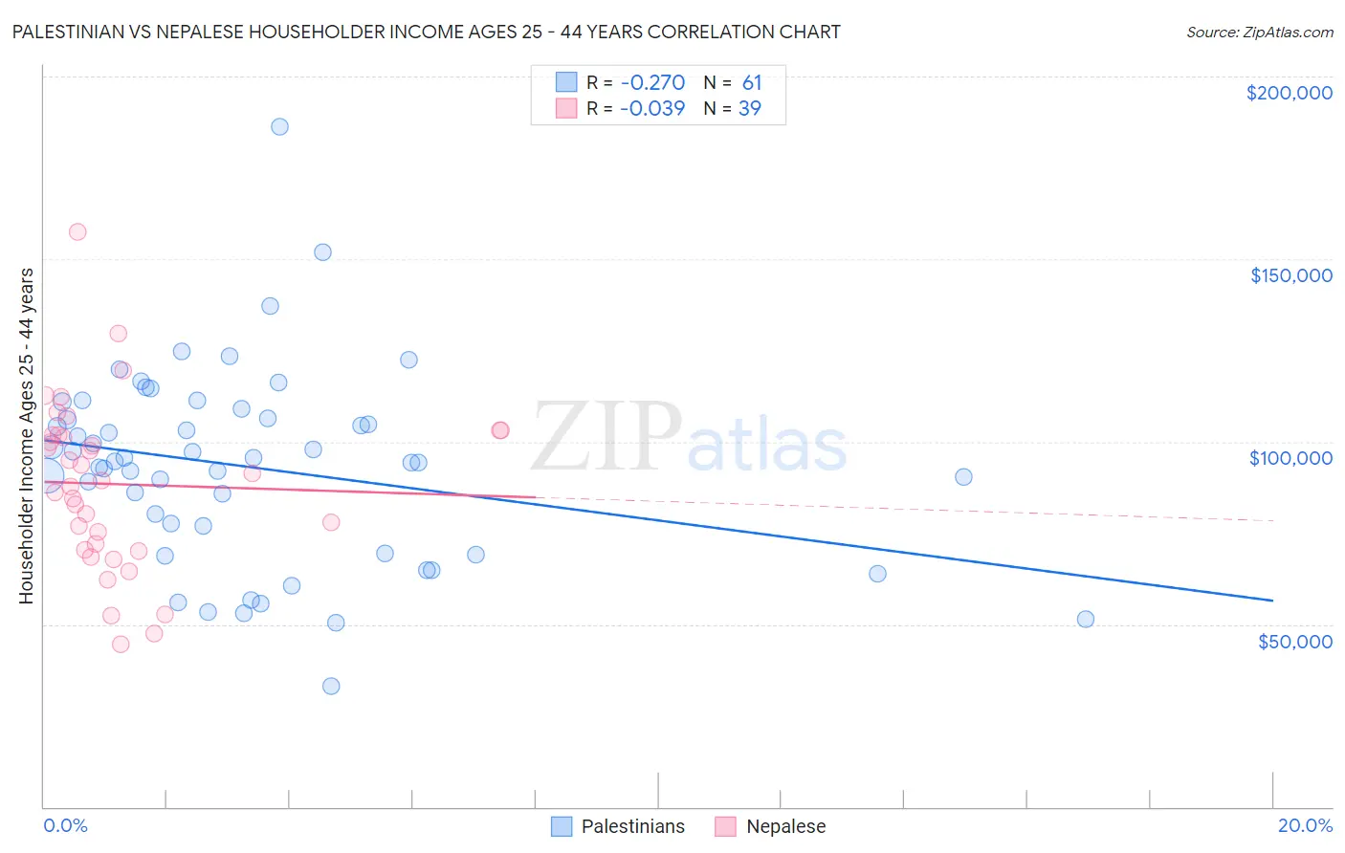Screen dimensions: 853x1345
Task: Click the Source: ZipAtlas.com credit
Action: pyautogui.click(x=1259, y=33)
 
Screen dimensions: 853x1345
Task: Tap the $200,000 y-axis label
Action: pyautogui.click(x=1289, y=93)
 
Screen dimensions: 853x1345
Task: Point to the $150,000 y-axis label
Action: pyautogui.click(x=1290, y=275)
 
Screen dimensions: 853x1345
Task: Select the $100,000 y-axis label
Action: pyautogui.click(x=1290, y=458)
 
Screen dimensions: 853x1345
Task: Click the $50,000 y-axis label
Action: pyautogui.click(x=1294, y=641)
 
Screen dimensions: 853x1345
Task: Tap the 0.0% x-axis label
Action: pyautogui.click(x=65, y=825)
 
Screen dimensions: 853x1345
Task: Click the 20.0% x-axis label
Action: pyautogui.click(x=1305, y=825)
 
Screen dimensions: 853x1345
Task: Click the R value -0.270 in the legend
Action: pyautogui.click(x=652, y=83)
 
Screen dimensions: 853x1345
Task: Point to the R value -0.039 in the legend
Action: pyautogui.click(x=652, y=109)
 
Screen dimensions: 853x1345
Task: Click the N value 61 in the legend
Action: pyautogui.click(x=752, y=83)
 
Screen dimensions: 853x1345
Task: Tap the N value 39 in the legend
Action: pyautogui.click(x=750, y=109)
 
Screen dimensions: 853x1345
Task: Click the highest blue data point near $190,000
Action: pyautogui.click(x=279, y=126)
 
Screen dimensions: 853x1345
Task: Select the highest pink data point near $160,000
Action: pyautogui.click(x=77, y=231)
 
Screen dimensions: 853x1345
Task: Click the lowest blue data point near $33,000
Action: pyautogui.click(x=331, y=686)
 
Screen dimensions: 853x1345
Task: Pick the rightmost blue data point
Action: pyautogui.click(x=1086, y=619)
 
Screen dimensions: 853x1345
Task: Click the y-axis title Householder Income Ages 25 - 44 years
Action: pyautogui.click(x=27, y=436)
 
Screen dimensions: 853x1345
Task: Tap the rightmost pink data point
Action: pyautogui.click(x=499, y=430)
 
